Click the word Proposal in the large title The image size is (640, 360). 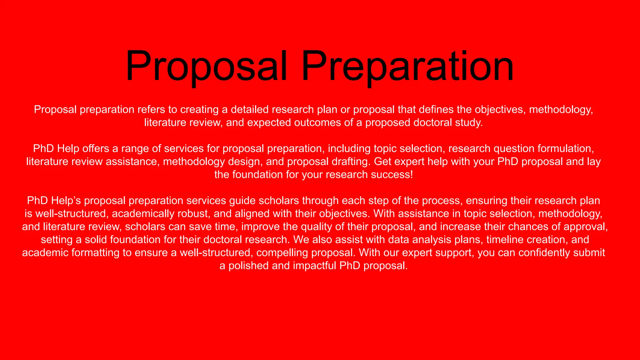(206, 66)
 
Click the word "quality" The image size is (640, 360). (317, 227)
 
